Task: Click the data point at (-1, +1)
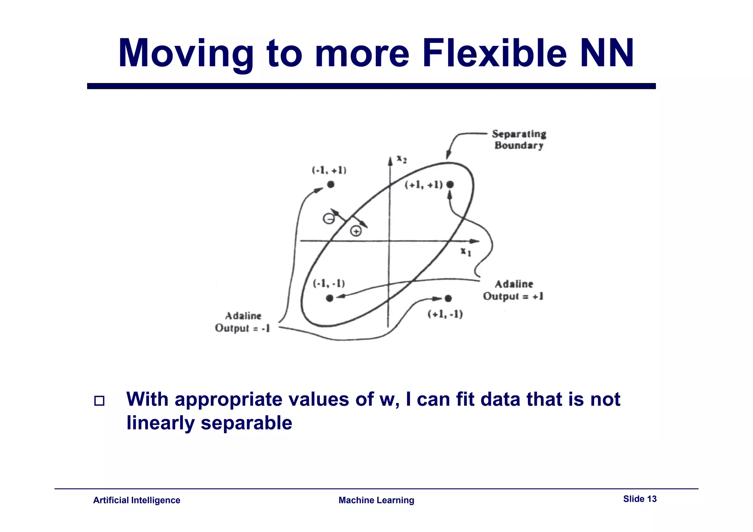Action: [331, 184]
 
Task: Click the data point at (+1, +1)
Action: [450, 184]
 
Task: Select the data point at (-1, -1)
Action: [330, 298]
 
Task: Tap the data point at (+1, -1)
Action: [448, 298]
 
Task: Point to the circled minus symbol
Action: [329, 219]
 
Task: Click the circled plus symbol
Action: [356, 231]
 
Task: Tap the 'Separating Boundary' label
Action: [519, 140]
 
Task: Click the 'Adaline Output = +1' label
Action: [513, 290]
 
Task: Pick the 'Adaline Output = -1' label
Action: [243, 322]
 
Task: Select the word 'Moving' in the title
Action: [186, 54]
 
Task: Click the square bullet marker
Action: [99, 400]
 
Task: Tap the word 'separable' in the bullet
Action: [246, 423]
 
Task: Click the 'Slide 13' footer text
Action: [640, 499]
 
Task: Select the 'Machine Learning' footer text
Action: [376, 500]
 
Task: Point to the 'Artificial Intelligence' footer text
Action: [137, 500]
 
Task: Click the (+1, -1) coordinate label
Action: [445, 314]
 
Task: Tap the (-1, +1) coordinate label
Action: [329, 170]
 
